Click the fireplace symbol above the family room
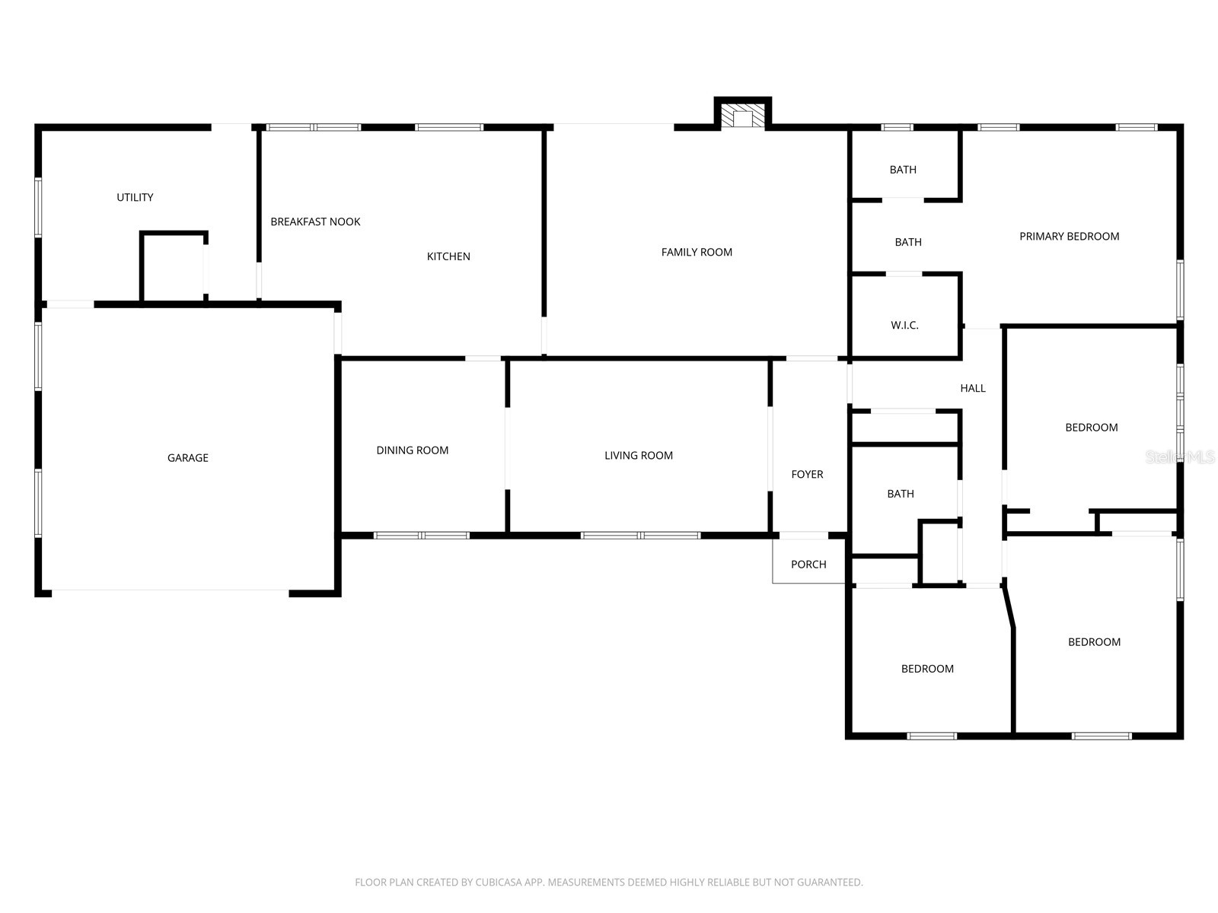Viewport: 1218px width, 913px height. click(x=742, y=117)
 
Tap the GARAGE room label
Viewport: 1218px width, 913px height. click(x=188, y=458)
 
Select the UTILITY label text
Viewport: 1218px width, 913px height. click(x=135, y=198)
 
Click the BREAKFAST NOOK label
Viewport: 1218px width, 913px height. click(x=315, y=222)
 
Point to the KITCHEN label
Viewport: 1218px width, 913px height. click(x=448, y=257)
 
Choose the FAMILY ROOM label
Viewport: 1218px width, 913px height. click(x=697, y=253)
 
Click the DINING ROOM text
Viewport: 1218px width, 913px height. click(x=412, y=450)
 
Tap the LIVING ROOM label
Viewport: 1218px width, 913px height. click(x=639, y=456)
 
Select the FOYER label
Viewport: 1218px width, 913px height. click(x=807, y=475)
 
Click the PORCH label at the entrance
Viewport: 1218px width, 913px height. click(x=808, y=565)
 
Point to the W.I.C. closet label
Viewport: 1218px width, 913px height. click(x=904, y=326)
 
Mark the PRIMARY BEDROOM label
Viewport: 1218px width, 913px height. click(x=1069, y=237)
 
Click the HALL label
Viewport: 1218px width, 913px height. click(x=973, y=389)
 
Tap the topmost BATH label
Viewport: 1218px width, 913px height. click(x=903, y=170)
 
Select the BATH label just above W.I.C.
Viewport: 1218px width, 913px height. click(x=907, y=243)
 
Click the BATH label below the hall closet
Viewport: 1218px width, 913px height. click(x=901, y=495)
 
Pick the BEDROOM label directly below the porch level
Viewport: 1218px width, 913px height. click(x=927, y=670)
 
